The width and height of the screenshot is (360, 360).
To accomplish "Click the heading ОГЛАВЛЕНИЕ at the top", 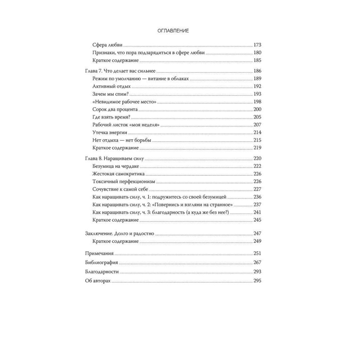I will coord(173,31).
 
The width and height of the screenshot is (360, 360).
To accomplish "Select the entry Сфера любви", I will coord(108,45).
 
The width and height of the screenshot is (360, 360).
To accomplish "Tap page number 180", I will coord(257,53).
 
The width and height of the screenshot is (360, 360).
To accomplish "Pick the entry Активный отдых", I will coord(111,86).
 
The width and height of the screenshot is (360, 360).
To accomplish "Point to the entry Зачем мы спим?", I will coord(111,94).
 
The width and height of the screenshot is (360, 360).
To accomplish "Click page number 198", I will coord(257,102).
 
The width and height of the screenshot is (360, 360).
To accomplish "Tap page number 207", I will coord(257,125).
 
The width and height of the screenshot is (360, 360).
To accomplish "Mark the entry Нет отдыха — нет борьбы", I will coord(122,140).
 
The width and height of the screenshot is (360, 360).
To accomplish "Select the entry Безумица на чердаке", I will coord(116,166).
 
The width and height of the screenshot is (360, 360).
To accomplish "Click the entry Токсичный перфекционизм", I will coord(123,181).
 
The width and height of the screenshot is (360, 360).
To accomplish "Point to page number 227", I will coord(257,189).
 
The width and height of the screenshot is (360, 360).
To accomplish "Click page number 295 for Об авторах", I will coord(257,281).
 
